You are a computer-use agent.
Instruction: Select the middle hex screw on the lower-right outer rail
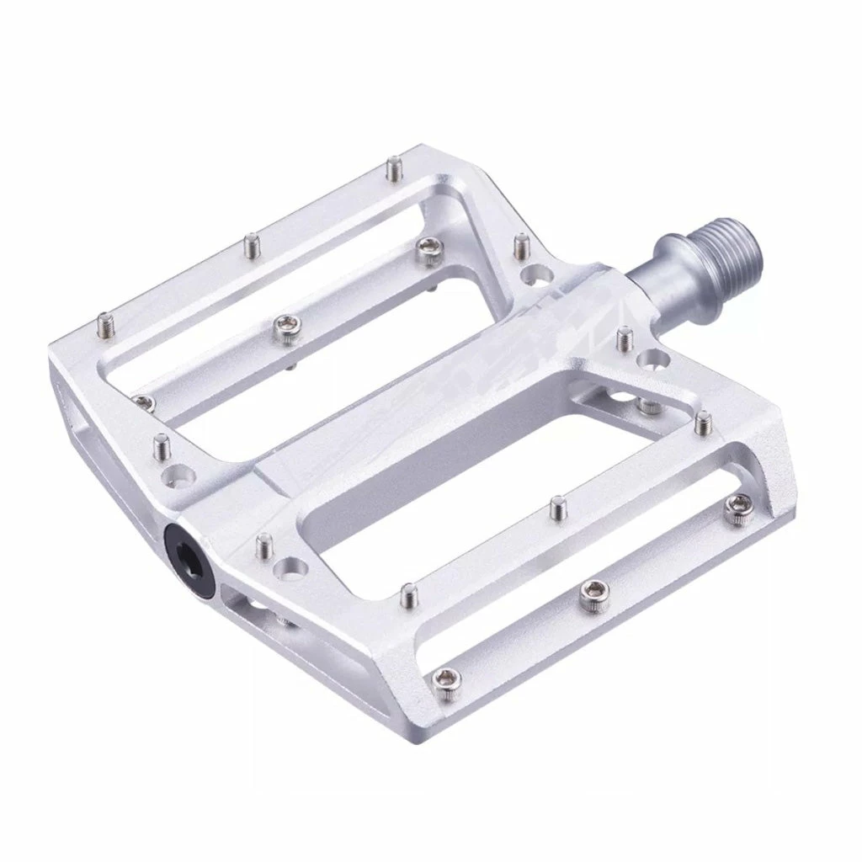pos(595,592)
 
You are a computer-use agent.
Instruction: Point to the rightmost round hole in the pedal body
pos(650,361)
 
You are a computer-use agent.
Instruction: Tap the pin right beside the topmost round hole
pos(519,245)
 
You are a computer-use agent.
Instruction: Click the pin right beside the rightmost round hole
pos(624,338)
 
